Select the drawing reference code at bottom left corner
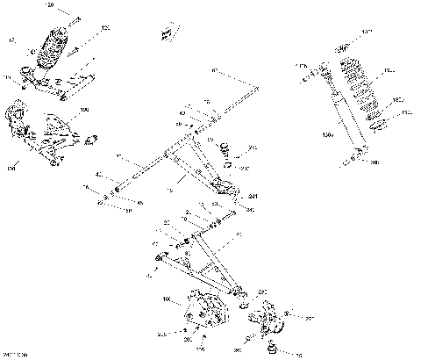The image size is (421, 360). click(15, 353)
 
